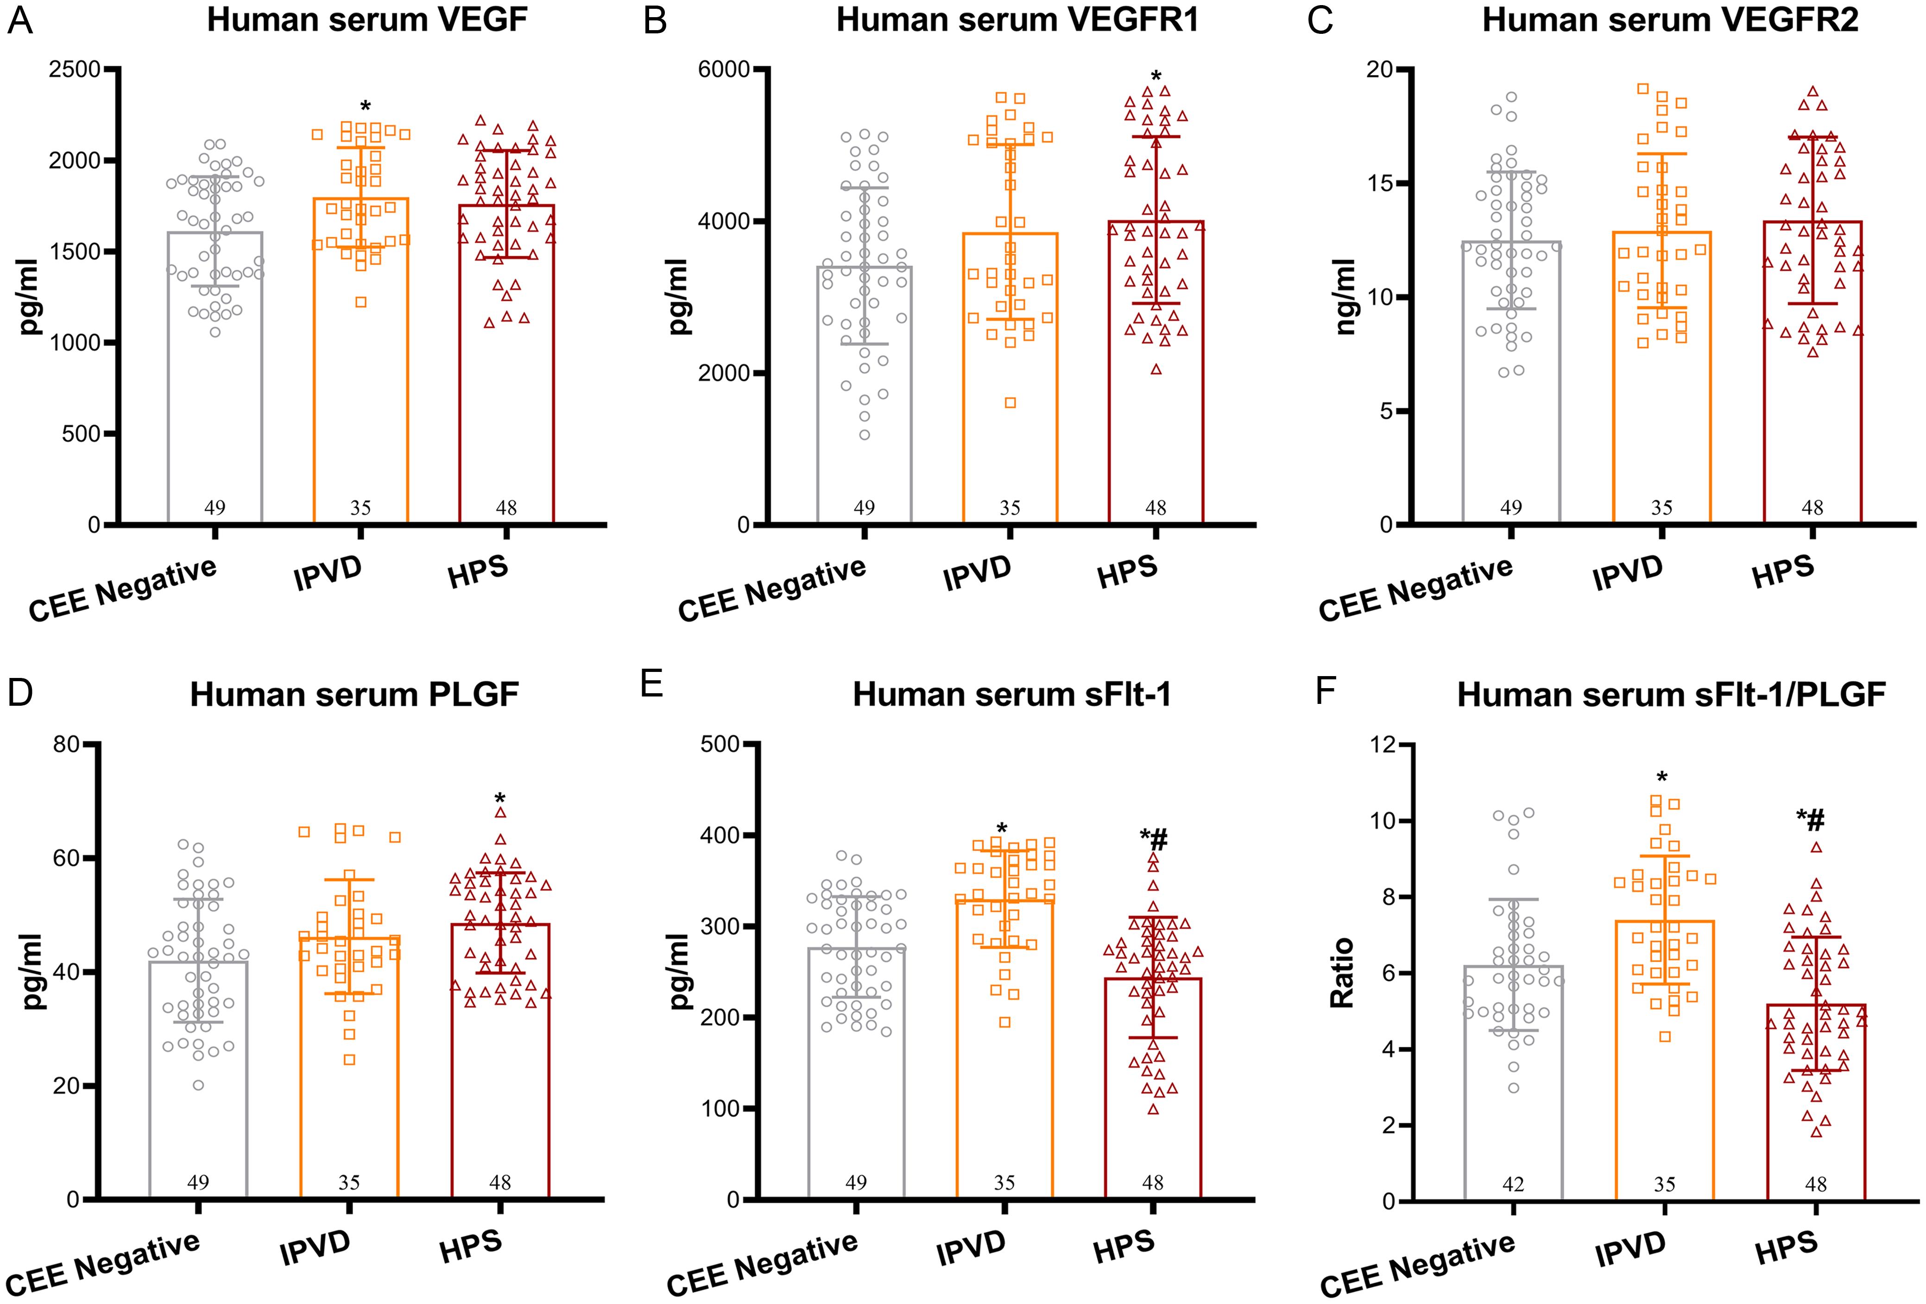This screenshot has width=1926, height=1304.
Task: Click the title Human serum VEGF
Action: [x=366, y=20]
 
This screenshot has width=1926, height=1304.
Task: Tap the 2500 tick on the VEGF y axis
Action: [x=75, y=70]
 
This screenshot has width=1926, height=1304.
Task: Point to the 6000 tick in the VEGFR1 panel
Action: [x=724, y=70]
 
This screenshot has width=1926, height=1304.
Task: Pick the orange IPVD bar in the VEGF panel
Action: [x=360, y=373]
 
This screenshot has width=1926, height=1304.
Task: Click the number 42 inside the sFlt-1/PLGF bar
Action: [x=1513, y=1184]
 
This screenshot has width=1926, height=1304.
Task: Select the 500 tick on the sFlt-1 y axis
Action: [x=720, y=744]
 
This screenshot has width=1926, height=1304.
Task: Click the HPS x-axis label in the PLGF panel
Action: [x=471, y=1247]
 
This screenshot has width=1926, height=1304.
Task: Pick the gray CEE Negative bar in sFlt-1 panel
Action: [x=856, y=1078]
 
